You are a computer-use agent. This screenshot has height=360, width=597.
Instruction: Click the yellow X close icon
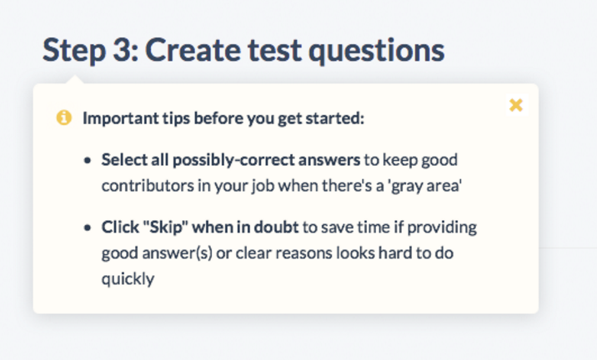click(516, 105)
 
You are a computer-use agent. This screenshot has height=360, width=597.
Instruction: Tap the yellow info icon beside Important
click(64, 117)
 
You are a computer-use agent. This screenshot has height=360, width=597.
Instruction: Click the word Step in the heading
click(74, 50)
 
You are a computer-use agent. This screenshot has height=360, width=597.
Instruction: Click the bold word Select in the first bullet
click(124, 159)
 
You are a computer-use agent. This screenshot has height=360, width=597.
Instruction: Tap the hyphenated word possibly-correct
click(233, 160)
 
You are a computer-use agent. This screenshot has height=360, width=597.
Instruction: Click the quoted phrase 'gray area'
click(424, 187)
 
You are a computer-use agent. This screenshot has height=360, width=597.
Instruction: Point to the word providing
click(442, 228)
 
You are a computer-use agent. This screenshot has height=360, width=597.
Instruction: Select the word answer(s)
click(177, 253)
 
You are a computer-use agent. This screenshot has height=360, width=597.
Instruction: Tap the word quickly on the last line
click(128, 279)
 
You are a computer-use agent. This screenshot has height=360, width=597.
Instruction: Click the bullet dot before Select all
click(88, 160)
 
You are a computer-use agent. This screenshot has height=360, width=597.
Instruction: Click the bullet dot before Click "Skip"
click(88, 227)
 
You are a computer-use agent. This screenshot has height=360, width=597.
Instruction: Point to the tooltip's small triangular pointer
click(75, 79)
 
